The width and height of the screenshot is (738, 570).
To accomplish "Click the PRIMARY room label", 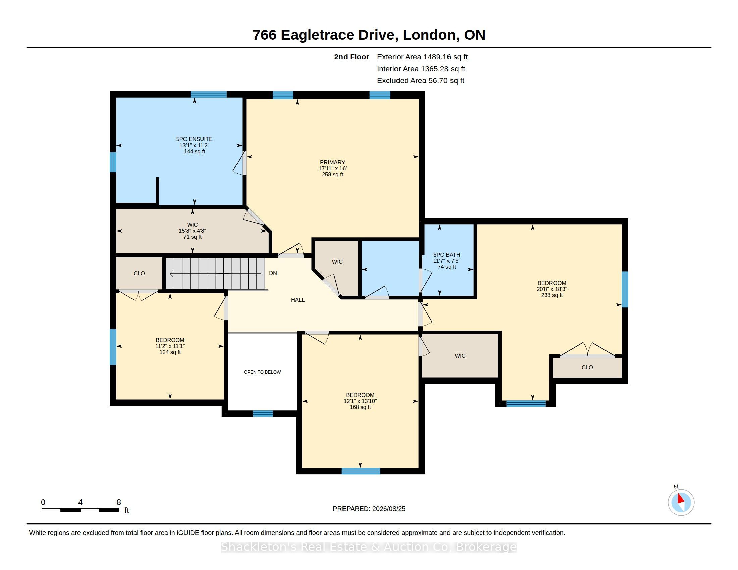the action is pyautogui.click(x=332, y=162).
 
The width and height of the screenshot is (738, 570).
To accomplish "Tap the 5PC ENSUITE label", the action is pyautogui.click(x=194, y=139).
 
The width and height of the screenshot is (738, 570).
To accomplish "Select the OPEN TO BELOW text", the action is pyautogui.click(x=262, y=372).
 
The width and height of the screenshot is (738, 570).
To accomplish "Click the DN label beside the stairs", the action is pyautogui.click(x=273, y=273).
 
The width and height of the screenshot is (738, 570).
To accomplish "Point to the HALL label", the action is pyautogui.click(x=298, y=300).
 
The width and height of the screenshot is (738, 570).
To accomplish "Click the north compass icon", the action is pyautogui.click(x=681, y=502).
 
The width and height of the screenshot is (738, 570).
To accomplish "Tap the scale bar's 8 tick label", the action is pyautogui.click(x=119, y=502).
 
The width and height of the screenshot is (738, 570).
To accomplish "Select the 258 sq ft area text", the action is pyautogui.click(x=332, y=175).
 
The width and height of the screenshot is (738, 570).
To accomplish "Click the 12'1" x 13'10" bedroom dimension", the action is pyautogui.click(x=360, y=401).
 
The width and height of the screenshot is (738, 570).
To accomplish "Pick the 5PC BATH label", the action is pyautogui.click(x=447, y=255).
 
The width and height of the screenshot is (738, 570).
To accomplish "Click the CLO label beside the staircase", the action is pyautogui.click(x=139, y=274).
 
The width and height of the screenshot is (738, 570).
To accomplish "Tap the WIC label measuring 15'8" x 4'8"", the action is pyautogui.click(x=192, y=225).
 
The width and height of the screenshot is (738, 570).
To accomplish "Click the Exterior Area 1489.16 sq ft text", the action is pyautogui.click(x=422, y=57).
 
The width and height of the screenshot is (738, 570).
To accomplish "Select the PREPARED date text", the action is pyautogui.click(x=369, y=509).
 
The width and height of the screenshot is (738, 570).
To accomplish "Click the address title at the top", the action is pyautogui.click(x=369, y=35).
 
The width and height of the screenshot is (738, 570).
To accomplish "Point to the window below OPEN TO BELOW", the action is pyautogui.click(x=263, y=414).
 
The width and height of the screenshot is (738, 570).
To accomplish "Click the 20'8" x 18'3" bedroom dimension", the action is pyautogui.click(x=552, y=289).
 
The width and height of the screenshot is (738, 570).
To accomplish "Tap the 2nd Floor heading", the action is pyautogui.click(x=352, y=57).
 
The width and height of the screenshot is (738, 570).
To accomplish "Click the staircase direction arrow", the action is pyautogui.click(x=215, y=274).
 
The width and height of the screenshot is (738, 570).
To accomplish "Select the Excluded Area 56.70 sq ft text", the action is pyautogui.click(x=421, y=81).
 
